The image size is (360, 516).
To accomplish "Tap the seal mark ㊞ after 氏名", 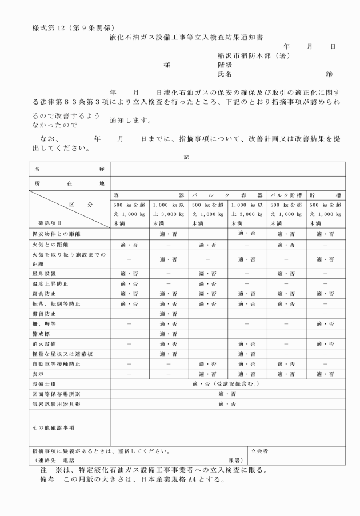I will click(x=328, y=74).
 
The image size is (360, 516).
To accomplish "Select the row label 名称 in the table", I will click(x=69, y=169).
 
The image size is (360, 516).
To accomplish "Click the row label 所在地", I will click(x=69, y=183).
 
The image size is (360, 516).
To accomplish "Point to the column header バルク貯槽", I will click(x=287, y=195).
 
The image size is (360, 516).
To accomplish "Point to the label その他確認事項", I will click(x=53, y=426).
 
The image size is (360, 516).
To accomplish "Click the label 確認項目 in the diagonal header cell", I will click(x=49, y=223).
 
